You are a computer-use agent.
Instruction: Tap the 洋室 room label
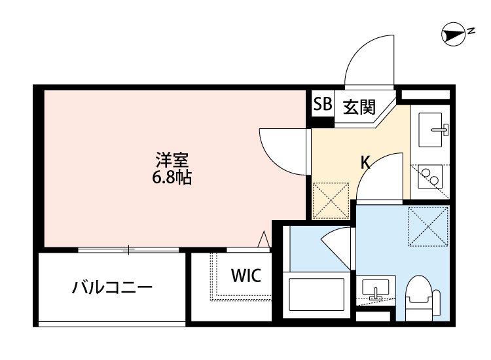(x=173, y=160)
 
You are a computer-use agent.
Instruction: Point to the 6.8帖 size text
(x=173, y=177)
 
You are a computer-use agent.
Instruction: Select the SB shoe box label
(x=322, y=104)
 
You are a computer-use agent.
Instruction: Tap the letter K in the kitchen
(x=367, y=163)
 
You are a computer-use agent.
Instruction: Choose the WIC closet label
(x=245, y=276)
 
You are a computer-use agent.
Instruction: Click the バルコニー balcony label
(x=113, y=287)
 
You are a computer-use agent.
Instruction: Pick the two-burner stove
(x=431, y=176)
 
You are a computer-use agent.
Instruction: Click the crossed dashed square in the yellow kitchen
(x=331, y=199)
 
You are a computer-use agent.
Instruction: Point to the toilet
(x=422, y=297)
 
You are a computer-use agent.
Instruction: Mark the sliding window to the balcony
(x=128, y=249)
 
